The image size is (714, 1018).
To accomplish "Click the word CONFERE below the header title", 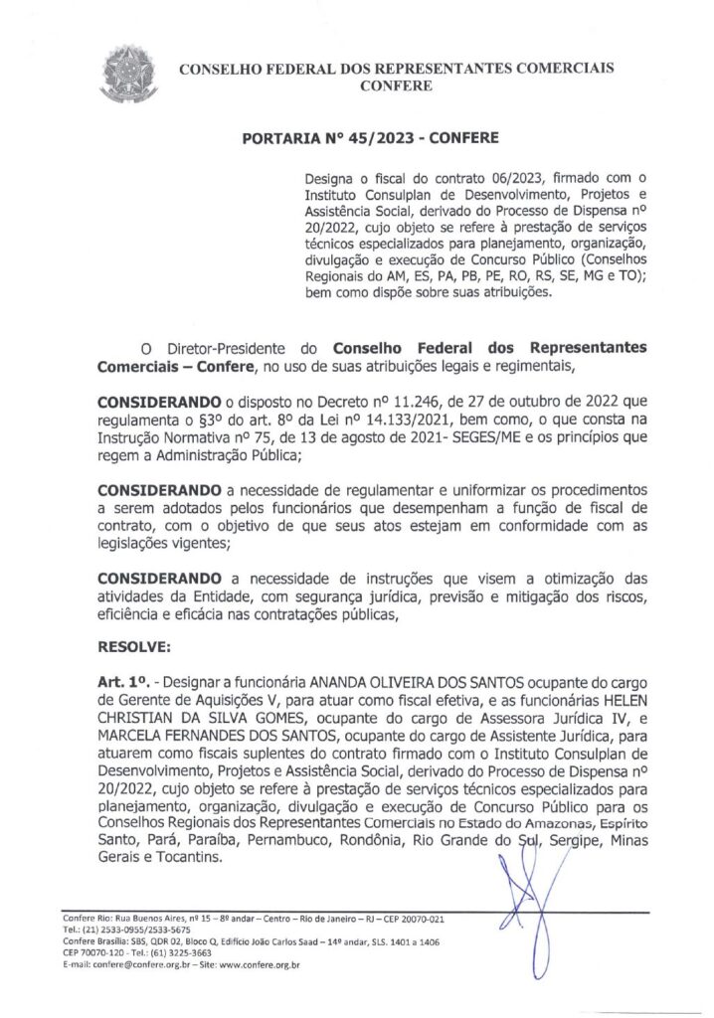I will [x=396, y=86].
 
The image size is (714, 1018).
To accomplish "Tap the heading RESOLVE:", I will [x=134, y=647].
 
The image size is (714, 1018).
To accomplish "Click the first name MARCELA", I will [x=136, y=737].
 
